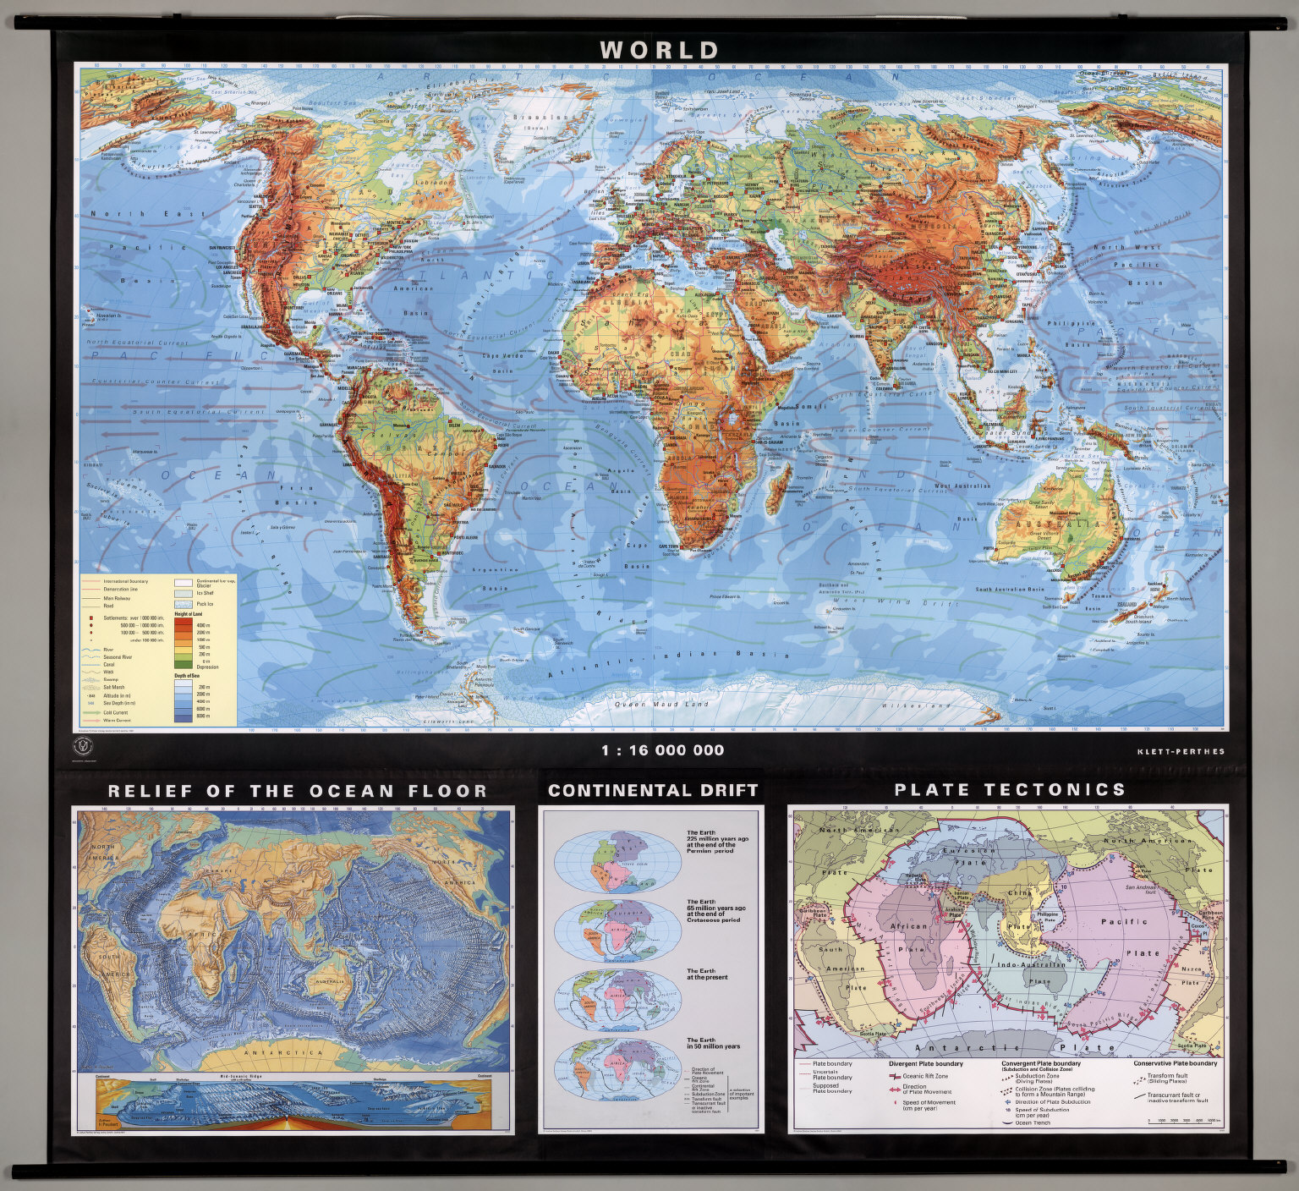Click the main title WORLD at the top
click(x=660, y=50)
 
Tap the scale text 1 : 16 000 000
click(x=662, y=750)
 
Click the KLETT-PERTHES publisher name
click(x=1181, y=751)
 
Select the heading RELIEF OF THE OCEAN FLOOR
click(x=297, y=792)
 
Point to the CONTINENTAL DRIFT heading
click(x=653, y=791)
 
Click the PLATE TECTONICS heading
click(x=1010, y=790)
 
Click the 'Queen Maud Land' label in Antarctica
click(x=649, y=704)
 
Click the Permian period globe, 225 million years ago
click(x=617, y=859)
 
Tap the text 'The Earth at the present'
click(x=706, y=974)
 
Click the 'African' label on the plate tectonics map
click(x=908, y=926)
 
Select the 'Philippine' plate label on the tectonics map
click(x=1046, y=914)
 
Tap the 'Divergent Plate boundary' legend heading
click(x=925, y=1063)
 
